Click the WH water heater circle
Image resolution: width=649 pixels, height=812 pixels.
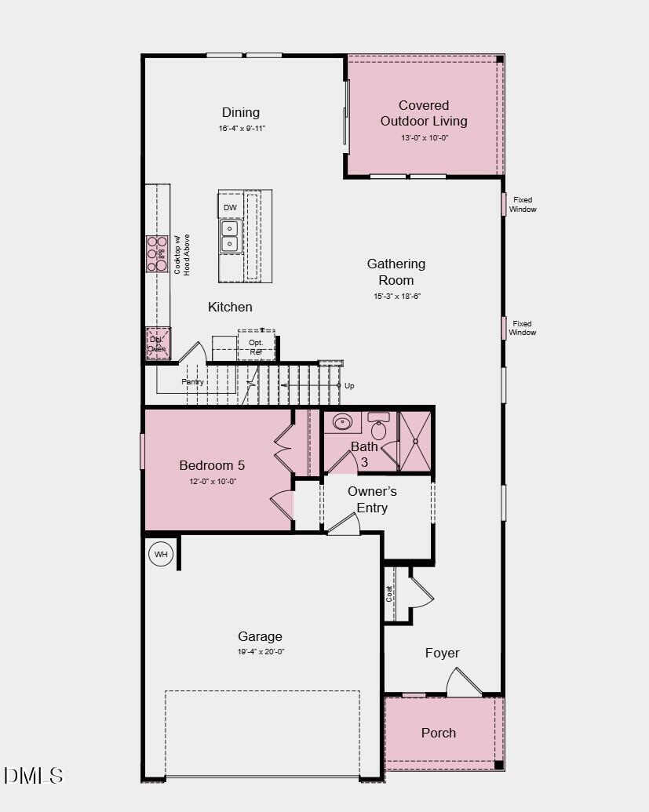161,554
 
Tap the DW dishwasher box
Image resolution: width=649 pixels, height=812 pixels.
230,207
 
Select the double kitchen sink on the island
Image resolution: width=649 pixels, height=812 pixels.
230,235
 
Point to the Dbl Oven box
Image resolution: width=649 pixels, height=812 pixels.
158,344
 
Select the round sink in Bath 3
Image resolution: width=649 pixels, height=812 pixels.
342,422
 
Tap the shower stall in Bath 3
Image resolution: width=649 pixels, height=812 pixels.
415,441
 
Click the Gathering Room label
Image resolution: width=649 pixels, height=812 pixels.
396,271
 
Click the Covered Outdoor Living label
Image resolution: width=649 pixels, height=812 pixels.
424,113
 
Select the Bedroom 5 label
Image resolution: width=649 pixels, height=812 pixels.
212,465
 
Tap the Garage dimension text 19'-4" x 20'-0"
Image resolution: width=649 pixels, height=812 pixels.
260,651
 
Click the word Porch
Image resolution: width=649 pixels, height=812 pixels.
439,733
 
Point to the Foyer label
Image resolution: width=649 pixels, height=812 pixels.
442,653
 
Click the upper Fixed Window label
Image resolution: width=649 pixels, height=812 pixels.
523,205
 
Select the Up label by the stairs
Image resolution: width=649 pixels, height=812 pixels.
349,386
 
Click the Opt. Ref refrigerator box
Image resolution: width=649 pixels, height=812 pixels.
256,347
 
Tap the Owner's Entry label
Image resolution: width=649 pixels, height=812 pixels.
372,499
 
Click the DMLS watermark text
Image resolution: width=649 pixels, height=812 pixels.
33,776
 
